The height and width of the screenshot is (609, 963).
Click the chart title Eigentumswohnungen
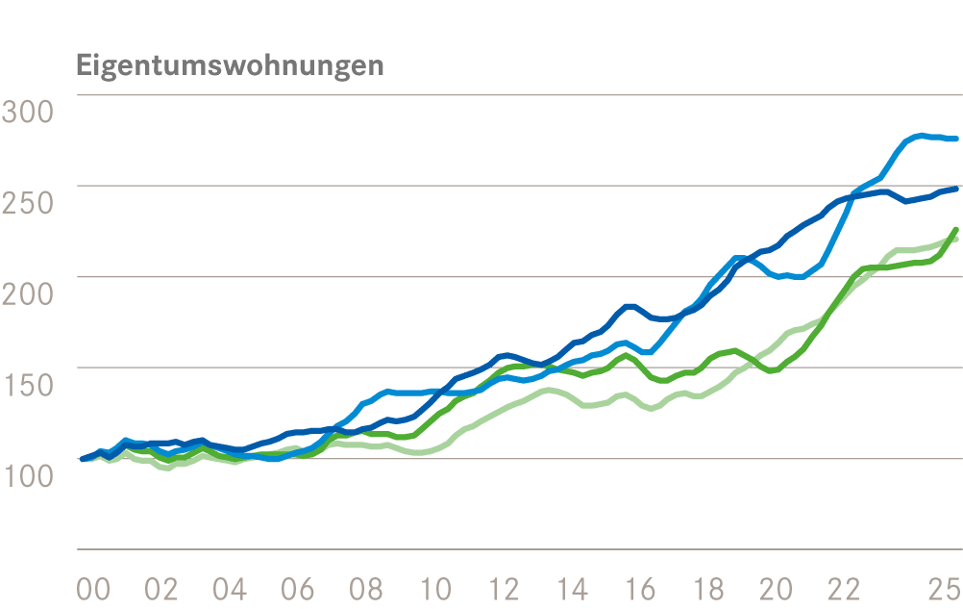[x=229, y=66]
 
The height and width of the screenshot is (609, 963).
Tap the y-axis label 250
[x=28, y=203]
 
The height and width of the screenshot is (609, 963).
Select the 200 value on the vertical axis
[x=28, y=294]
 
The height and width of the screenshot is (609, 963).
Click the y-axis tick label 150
[x=28, y=386]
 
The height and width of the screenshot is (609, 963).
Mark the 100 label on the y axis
[x=28, y=476]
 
